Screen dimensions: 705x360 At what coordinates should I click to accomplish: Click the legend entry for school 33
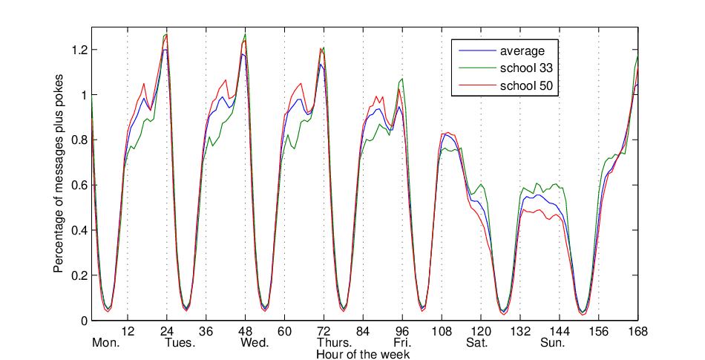tap(506, 68)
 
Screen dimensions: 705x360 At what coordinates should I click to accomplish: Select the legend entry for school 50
tap(506, 85)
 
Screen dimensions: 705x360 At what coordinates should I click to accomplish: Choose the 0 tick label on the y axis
tap(84, 321)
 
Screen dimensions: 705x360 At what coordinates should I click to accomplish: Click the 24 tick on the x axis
tap(167, 332)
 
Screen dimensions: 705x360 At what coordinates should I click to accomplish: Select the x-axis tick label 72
tap(324, 332)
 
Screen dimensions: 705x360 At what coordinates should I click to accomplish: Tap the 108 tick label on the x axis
tap(442, 332)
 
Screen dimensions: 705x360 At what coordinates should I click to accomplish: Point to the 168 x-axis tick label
tap(638, 332)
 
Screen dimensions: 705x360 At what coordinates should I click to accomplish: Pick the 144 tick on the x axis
tap(560, 332)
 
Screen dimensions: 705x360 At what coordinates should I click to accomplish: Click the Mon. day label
tap(106, 343)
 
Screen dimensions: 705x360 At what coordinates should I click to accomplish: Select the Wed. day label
tap(255, 343)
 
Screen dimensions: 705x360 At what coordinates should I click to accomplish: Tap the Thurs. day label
tap(335, 343)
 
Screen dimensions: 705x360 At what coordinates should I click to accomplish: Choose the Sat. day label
tap(476, 343)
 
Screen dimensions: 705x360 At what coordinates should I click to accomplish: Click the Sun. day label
tap(553, 343)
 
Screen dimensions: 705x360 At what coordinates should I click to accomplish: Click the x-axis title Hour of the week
tap(363, 354)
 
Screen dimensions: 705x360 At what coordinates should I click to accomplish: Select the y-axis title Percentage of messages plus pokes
tap(59, 173)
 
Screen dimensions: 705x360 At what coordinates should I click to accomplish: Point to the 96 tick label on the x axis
tap(402, 332)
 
